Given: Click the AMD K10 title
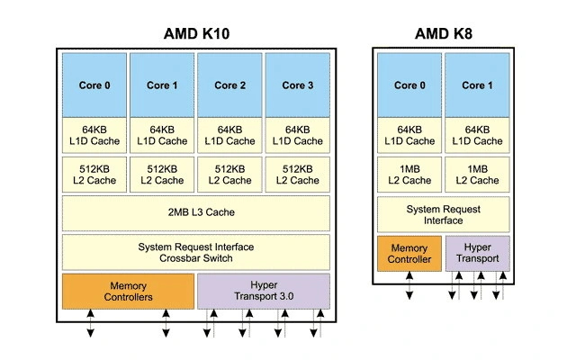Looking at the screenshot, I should pos(196,33).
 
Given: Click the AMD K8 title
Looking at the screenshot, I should pos(443,33).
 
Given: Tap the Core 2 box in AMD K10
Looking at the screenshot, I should pos(229,85).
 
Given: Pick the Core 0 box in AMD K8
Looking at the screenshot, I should pos(409,85).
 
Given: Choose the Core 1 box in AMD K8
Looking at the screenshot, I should pos(477,85).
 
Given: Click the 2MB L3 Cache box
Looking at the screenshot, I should pos(195,213).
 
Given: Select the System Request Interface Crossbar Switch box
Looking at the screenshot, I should pos(195,252).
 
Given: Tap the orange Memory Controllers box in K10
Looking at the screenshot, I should pos(128,291).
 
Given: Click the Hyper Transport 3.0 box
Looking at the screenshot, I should pos(263,291).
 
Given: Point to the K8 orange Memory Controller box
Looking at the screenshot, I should pos(409,254).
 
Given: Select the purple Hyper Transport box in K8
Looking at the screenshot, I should pos(477,254).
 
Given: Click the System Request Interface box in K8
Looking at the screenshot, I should pos(443,214).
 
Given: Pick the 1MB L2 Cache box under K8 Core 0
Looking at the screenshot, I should pos(409,175).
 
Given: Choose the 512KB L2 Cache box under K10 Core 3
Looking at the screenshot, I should pos(297,175).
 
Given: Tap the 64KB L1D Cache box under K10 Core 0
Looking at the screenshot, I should pos(94,135).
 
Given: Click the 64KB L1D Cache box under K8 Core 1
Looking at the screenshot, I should pos(477,135).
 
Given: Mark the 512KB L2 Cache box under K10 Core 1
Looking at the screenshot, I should pos(162,175).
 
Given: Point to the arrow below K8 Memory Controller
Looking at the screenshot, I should pos(409,286).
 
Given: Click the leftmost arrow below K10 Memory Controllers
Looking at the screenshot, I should pos(90,325).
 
